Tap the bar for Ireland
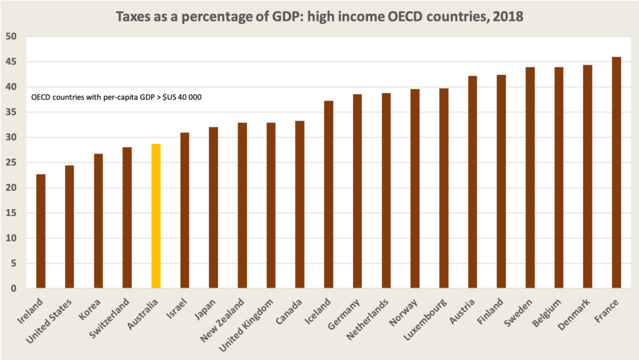(x=41, y=231)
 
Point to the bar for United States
(x=69, y=227)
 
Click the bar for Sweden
(x=530, y=178)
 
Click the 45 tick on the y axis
(x=12, y=62)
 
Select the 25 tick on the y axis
(x=12, y=163)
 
